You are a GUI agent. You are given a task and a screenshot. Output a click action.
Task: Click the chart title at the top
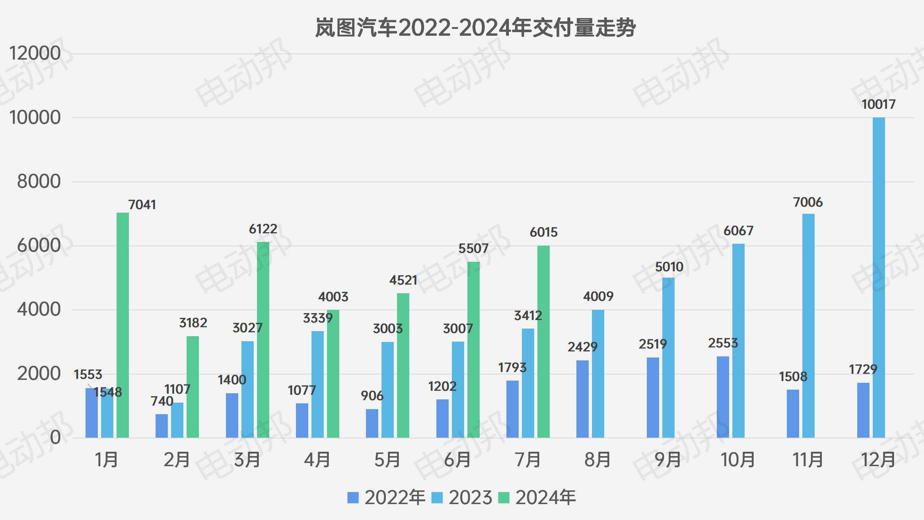[x=475, y=28]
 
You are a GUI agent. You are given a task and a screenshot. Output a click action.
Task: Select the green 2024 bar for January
[x=123, y=325]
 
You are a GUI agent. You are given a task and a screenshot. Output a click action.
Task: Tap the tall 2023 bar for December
[x=879, y=278]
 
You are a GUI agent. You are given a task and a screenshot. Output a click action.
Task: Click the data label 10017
[x=878, y=104]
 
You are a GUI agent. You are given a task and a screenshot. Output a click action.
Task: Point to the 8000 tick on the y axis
[x=39, y=181]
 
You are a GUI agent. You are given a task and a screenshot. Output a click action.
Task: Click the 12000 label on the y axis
[x=35, y=53]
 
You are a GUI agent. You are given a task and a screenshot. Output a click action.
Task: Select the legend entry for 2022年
[x=386, y=498]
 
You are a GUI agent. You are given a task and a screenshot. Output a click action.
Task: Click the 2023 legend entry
[x=462, y=498]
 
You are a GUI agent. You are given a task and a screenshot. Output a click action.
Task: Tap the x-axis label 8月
[x=597, y=460]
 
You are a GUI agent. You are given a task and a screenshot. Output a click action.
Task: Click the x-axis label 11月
[x=808, y=460]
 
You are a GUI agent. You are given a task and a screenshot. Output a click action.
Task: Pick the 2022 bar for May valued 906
[x=372, y=423]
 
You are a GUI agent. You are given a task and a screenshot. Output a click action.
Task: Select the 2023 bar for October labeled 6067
[x=738, y=341]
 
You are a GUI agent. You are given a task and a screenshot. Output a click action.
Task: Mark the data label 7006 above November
[x=808, y=202]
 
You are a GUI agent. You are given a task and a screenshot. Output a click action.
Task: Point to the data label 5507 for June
[x=473, y=248]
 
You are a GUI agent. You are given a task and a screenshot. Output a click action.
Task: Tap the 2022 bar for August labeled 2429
[x=582, y=399]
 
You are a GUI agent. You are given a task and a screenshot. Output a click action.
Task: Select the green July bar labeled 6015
[x=543, y=341]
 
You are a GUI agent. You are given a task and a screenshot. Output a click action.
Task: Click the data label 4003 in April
[x=333, y=297]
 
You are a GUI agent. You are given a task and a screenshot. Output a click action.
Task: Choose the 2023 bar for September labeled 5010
[x=668, y=357]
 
